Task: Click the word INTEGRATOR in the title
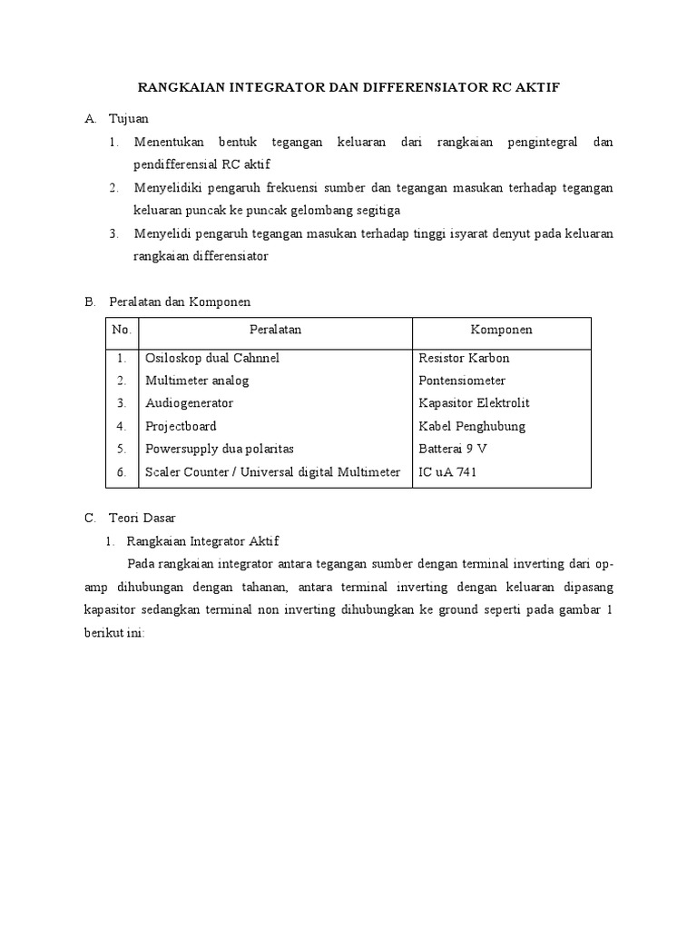pyautogui.click(x=269, y=88)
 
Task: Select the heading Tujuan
pyautogui.click(x=128, y=119)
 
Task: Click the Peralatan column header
pyautogui.click(x=275, y=330)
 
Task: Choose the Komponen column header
pyautogui.click(x=501, y=330)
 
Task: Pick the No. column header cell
pyautogui.click(x=122, y=330)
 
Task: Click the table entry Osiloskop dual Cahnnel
pyautogui.click(x=212, y=358)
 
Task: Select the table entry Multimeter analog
pyautogui.click(x=196, y=381)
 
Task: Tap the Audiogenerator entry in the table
pyautogui.click(x=189, y=403)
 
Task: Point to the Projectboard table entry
pyautogui.click(x=181, y=426)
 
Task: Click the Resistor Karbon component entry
pyautogui.click(x=464, y=358)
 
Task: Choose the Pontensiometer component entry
pyautogui.click(x=462, y=381)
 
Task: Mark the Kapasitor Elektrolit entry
pyautogui.click(x=474, y=403)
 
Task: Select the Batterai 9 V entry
pyautogui.click(x=451, y=449)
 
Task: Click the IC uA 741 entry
pyautogui.click(x=447, y=471)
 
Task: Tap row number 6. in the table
pyautogui.click(x=122, y=471)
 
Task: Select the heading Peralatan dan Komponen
pyautogui.click(x=179, y=301)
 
